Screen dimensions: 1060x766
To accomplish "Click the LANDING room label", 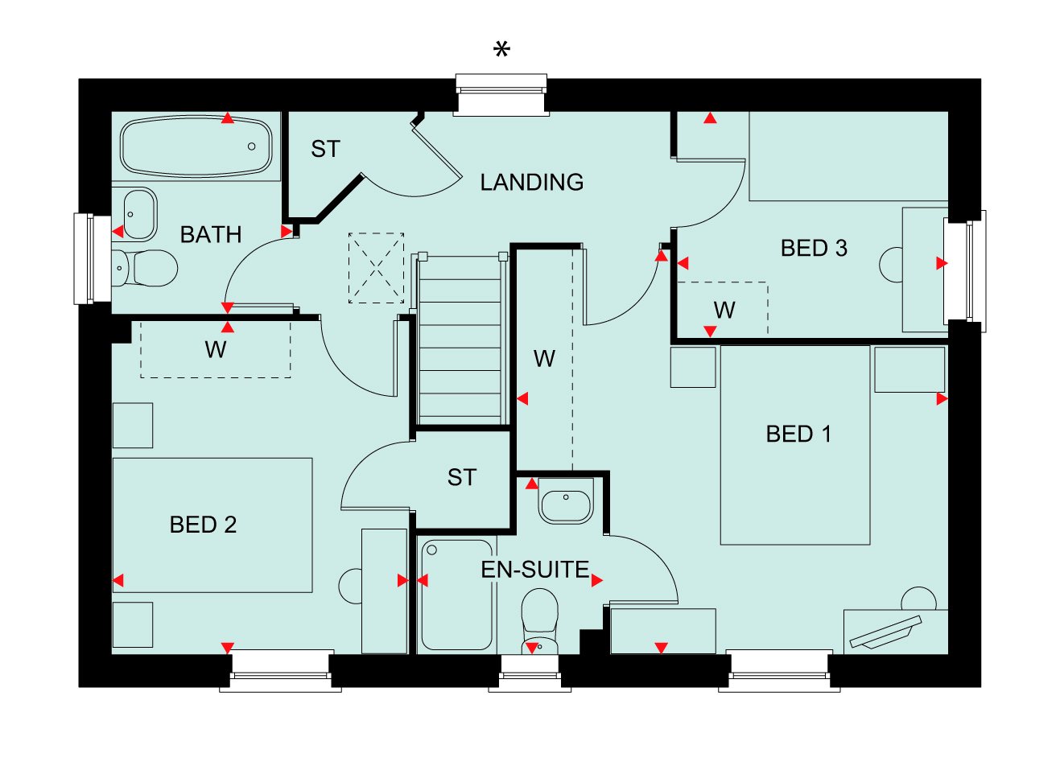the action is [532, 183].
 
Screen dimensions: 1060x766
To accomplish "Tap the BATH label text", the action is [211, 235].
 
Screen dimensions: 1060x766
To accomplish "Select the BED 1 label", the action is [798, 434].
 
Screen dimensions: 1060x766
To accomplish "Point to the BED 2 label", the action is [203, 525].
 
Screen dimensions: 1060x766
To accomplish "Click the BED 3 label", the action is [814, 249].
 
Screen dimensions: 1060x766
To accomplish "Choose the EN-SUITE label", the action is [535, 570].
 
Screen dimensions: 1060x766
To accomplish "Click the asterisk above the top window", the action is [501, 50].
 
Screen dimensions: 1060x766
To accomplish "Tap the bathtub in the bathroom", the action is [196, 146].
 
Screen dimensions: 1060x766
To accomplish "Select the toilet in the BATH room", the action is [144, 268].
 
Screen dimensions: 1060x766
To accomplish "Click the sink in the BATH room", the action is [139, 214].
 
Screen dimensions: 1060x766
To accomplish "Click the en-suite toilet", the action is [539, 620].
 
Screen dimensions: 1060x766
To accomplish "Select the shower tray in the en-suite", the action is [456, 595].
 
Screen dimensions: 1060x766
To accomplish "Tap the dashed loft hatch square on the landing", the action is [376, 268].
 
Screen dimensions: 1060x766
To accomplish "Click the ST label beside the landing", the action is [326, 149].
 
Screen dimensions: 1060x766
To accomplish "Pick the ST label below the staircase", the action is [462, 477].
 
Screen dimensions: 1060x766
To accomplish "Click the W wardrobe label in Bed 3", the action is [724, 311].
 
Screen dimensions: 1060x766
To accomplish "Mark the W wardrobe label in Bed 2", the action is [216, 350].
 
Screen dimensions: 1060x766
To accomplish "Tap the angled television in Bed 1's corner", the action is [886, 632].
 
